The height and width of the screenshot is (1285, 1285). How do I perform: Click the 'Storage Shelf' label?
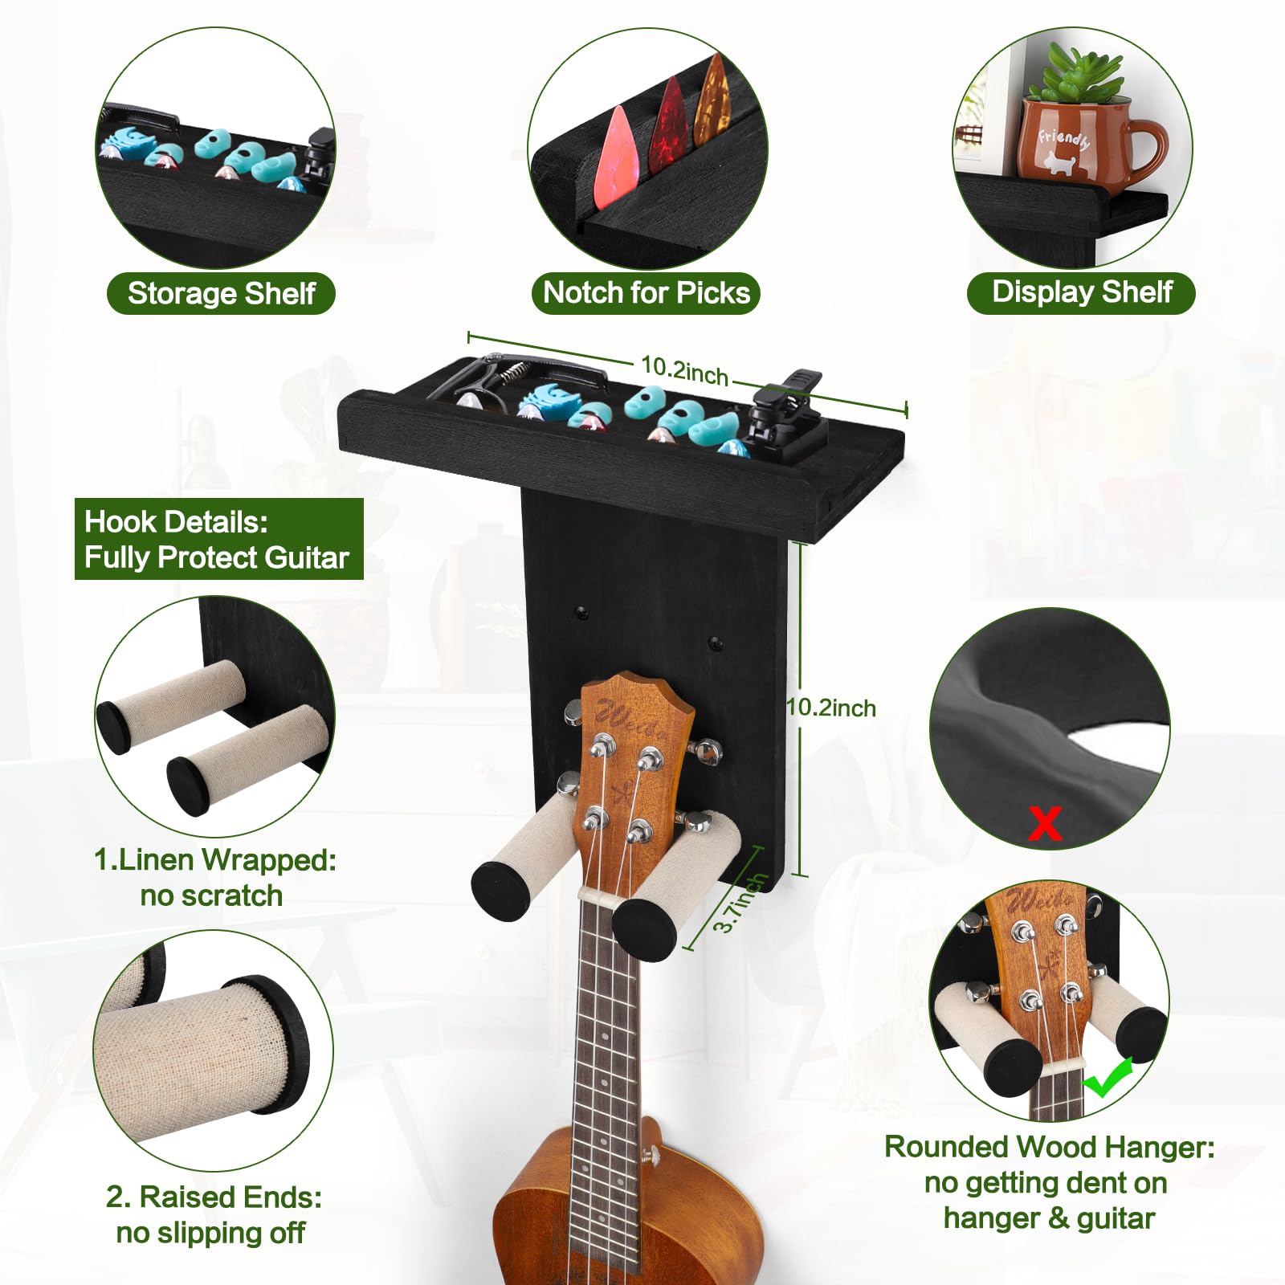221,294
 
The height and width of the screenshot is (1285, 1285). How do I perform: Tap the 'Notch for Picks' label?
647,293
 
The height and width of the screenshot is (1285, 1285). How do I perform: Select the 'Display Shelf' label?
1082,292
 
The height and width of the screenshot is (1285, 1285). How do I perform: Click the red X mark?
1045,824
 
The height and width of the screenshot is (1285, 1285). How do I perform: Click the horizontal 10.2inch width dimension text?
684,370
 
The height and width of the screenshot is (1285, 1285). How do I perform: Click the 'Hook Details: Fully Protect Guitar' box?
218,539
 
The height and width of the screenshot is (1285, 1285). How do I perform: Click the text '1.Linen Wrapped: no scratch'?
214,877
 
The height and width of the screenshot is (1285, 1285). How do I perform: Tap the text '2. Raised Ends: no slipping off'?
213,1214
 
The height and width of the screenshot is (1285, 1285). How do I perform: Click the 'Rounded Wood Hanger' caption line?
1049,1147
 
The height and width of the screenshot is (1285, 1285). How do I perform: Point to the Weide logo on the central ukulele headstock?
631,719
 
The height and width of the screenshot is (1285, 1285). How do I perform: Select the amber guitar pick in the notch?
712,100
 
